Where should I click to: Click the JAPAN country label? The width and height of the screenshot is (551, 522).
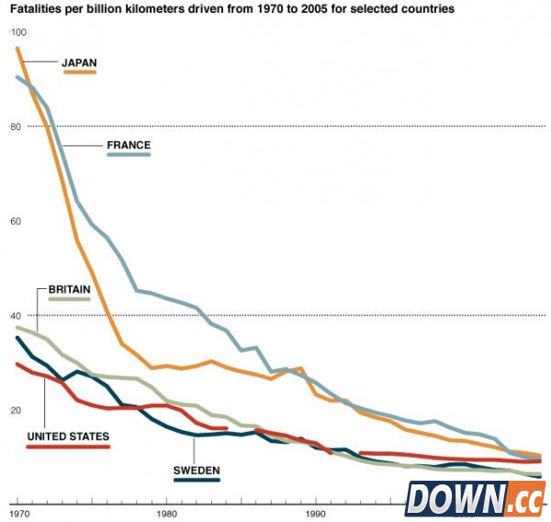pos(79,63)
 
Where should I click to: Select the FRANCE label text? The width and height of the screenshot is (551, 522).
pos(129,145)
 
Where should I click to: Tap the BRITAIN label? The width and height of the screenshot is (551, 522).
pos(68,289)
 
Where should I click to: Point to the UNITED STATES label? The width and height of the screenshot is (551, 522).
pos(68,437)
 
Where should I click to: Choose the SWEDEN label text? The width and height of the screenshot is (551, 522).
pos(197,470)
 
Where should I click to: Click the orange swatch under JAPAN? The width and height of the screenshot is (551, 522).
pos(80,72)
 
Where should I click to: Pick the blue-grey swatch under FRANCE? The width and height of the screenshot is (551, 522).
pos(129,155)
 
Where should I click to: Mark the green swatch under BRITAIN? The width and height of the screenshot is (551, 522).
pos(68,299)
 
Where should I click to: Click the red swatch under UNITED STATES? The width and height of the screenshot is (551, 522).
pos(68,447)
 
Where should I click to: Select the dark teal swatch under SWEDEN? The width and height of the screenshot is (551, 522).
pos(197,480)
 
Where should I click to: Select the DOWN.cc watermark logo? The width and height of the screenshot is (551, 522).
pos(475,499)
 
